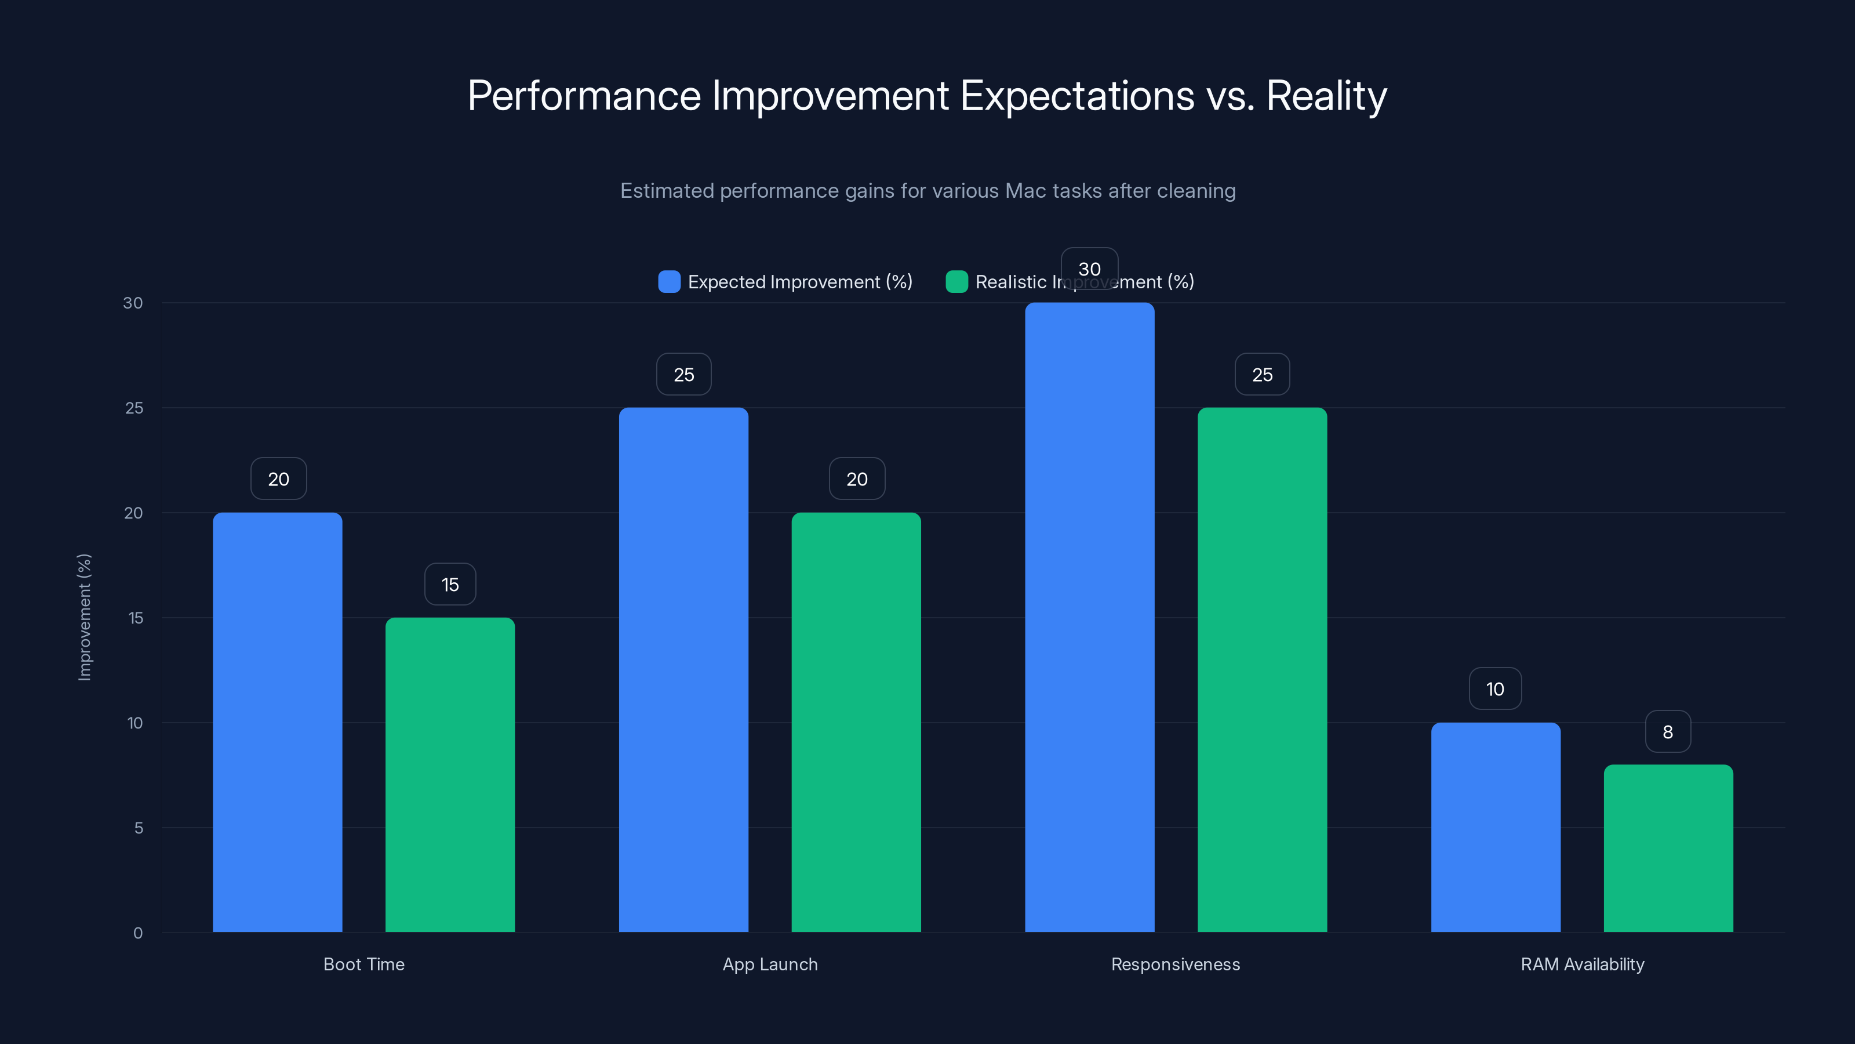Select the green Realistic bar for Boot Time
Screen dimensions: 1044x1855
point(450,774)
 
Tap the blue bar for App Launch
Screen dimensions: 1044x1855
point(683,669)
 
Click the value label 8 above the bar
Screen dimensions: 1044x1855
point(1668,732)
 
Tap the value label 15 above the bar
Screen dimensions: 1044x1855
point(450,584)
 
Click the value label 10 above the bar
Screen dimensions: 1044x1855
point(1495,689)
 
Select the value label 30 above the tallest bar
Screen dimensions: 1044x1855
point(1090,269)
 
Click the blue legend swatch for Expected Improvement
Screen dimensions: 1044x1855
point(669,282)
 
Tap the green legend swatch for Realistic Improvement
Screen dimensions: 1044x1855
point(956,282)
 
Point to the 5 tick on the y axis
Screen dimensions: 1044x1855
point(139,828)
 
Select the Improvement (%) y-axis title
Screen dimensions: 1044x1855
point(84,617)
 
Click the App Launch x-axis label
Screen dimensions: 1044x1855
point(770,964)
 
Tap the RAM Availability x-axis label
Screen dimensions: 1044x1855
point(1582,964)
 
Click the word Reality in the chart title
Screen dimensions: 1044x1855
point(1326,96)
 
